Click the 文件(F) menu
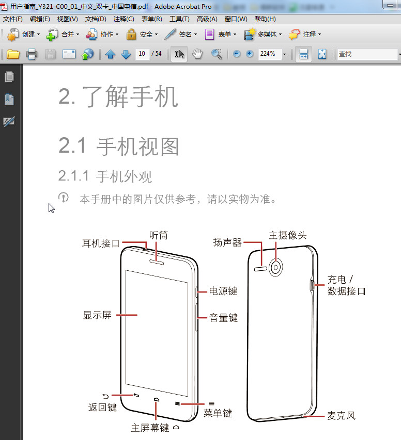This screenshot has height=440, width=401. [x=13, y=19]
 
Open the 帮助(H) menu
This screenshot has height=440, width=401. [x=265, y=19]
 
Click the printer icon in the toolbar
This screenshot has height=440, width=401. [x=32, y=54]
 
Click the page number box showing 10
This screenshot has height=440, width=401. [x=142, y=54]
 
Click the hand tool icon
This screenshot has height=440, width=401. [x=197, y=54]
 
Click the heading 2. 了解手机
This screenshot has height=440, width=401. [x=118, y=97]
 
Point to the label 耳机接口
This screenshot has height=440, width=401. [x=101, y=243]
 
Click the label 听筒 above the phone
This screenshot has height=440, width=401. [x=159, y=235]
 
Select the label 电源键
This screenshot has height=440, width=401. [x=223, y=291]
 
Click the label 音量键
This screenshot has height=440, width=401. [x=223, y=318]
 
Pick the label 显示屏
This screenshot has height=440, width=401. [x=97, y=315]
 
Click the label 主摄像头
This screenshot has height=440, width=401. [x=288, y=235]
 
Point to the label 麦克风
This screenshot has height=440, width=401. [x=341, y=415]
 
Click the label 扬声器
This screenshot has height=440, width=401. [x=228, y=242]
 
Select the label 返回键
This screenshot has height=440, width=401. [x=102, y=408]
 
